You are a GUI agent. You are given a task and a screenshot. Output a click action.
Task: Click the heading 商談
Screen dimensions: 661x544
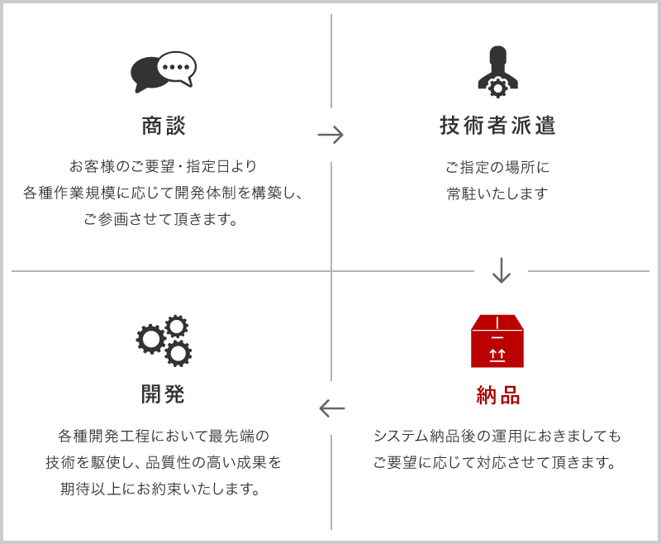click(163, 126)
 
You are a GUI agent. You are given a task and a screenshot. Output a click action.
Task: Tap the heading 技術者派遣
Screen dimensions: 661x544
click(497, 126)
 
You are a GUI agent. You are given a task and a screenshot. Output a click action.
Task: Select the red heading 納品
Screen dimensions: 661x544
click(498, 395)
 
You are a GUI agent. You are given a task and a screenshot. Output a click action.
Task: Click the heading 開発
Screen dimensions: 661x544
click(163, 394)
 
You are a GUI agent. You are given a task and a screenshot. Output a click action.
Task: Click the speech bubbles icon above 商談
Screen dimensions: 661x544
click(163, 72)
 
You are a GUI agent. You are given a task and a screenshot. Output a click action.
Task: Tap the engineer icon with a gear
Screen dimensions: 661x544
click(498, 72)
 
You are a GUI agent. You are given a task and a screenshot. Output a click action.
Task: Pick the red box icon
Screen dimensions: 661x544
click(497, 341)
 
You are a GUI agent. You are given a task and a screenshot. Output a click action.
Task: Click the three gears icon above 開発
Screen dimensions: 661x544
click(164, 341)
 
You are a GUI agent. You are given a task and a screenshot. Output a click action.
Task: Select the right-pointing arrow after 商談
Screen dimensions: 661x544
click(330, 135)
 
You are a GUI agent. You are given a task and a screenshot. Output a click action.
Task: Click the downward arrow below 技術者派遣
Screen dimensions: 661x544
click(502, 270)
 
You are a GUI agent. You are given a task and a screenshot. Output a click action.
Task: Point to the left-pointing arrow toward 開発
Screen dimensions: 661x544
click(332, 408)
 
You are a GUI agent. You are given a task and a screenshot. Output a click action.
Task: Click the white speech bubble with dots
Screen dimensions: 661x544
click(177, 69)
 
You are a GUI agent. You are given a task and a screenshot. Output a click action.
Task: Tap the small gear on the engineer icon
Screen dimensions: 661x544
click(498, 88)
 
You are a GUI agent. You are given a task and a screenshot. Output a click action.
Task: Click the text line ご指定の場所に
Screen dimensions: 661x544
click(497, 168)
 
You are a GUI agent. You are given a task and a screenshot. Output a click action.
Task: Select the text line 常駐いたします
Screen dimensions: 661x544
click(497, 193)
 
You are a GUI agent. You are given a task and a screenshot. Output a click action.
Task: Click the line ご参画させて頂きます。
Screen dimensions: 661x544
click(160, 219)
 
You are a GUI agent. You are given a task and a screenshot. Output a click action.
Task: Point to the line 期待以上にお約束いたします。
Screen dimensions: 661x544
click(160, 489)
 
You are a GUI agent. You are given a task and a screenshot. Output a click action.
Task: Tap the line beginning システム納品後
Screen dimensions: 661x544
click(497, 436)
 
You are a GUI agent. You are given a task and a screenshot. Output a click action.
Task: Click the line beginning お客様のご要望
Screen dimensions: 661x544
click(163, 166)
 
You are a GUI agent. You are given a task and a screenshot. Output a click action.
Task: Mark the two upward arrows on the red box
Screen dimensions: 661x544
click(497, 354)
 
